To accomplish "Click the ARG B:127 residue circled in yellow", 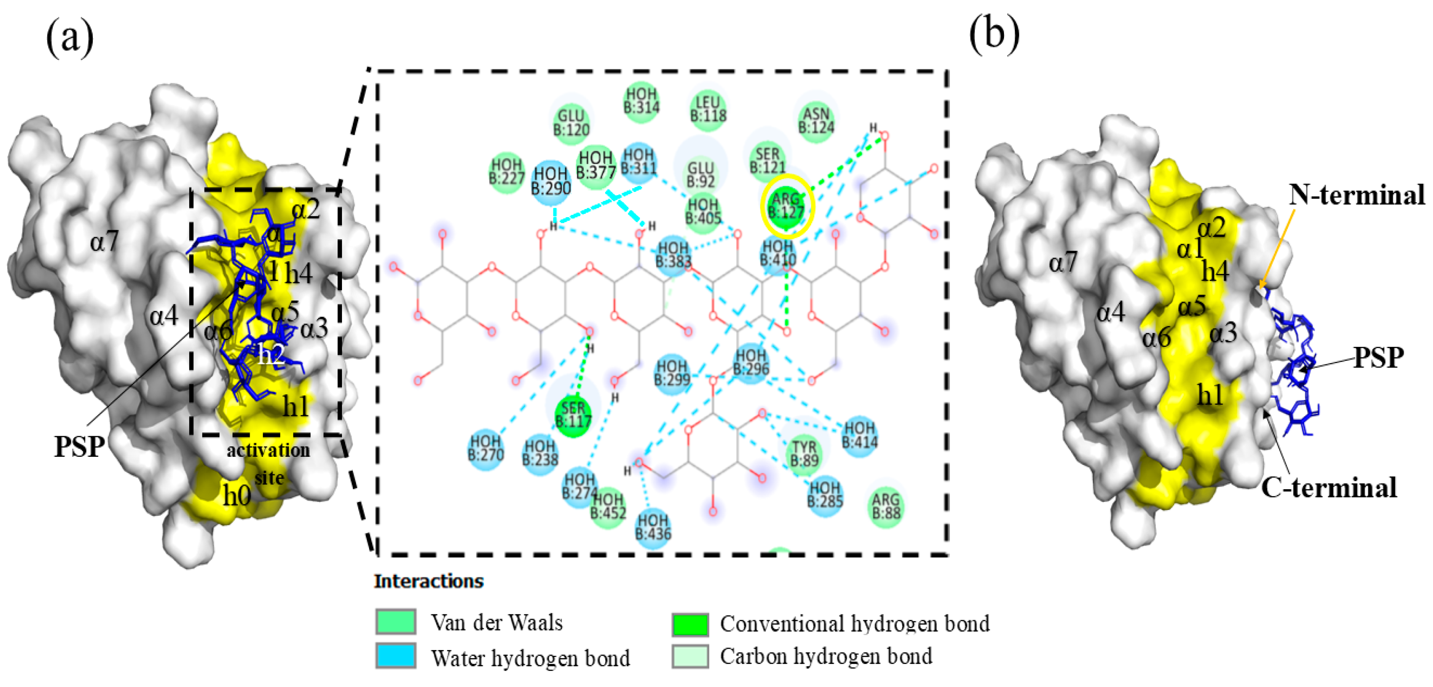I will [786, 206].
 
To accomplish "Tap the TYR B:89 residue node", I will [804, 453].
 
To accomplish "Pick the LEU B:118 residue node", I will [707, 109].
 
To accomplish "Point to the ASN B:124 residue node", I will [816, 121].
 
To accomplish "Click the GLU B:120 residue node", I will [571, 123].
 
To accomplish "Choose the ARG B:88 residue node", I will [885, 505].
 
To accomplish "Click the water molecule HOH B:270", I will [486, 448].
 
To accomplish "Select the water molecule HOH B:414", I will [859, 435].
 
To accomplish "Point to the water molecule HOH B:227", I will [506, 171].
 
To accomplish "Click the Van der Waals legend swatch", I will [396, 621].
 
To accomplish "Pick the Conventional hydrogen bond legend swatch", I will [690, 623].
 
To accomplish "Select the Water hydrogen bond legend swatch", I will [396, 656].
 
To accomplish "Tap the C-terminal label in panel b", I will [1328, 488].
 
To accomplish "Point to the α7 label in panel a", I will [104, 241].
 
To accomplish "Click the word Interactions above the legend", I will [429, 581].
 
